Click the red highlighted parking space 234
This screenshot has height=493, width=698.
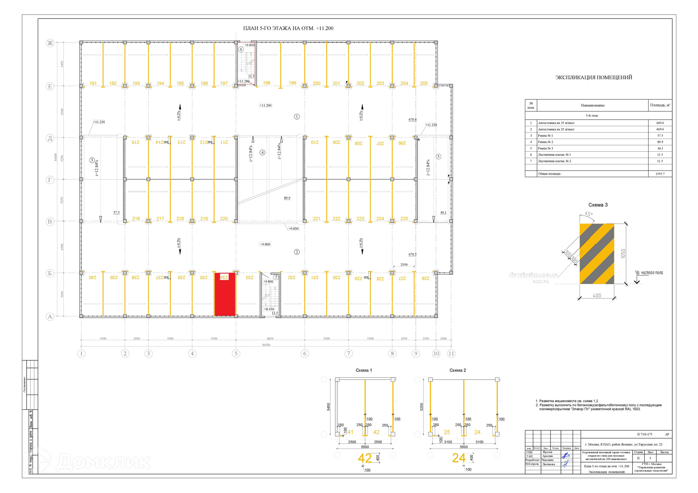pos(225,295)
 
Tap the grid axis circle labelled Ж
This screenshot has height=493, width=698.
pos(50,43)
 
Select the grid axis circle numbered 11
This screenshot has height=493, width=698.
pos(451,353)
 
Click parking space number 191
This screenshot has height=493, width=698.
pos(93,83)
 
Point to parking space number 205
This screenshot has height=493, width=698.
pos(424,83)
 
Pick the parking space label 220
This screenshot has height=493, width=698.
pos(224,219)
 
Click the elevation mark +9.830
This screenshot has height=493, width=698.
pos(293,229)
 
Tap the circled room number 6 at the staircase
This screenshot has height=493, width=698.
pos(241,49)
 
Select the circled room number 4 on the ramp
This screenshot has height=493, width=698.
pos(262,153)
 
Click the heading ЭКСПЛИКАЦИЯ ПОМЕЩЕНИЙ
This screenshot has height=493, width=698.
pos(594,77)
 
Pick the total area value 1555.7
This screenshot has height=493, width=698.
pos(660,174)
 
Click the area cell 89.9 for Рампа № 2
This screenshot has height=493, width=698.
pos(660,142)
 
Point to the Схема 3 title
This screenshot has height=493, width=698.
pos(598,205)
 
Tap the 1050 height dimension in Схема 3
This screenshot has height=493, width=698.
pos(623,253)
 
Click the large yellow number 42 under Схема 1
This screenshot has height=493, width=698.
pos(365,458)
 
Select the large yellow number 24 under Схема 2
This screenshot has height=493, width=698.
pos(459,458)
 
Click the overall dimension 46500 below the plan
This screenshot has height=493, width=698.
pos(266,345)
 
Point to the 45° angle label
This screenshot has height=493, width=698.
pos(589,214)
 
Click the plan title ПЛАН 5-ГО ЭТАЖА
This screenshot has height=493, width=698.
pos(288,28)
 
